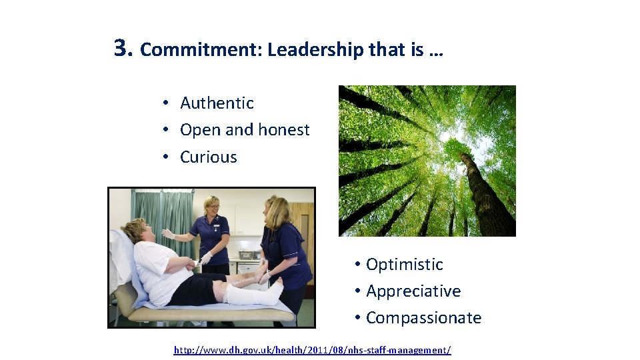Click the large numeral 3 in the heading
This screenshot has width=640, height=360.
(x=121, y=48)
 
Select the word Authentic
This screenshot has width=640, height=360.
(x=217, y=103)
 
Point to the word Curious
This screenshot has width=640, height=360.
(x=209, y=157)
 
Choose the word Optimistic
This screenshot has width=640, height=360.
(x=404, y=265)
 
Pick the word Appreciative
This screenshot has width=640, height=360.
(x=413, y=291)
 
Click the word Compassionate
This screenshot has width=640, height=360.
(x=423, y=318)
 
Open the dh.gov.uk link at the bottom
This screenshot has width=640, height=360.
(x=312, y=350)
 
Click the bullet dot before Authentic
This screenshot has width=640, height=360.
(x=163, y=104)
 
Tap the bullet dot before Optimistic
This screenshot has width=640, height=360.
(x=357, y=265)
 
